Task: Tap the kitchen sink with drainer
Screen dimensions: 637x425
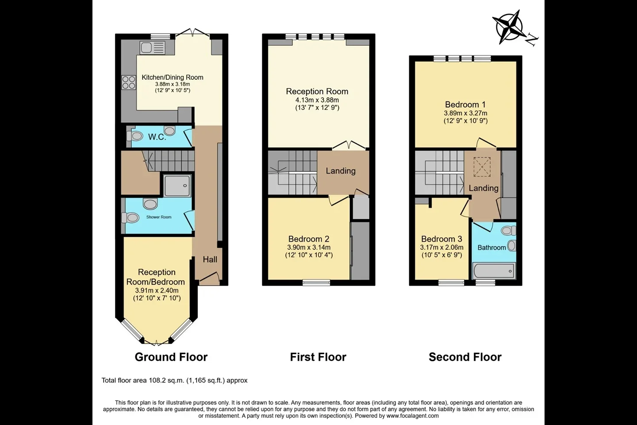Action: pos(153,48)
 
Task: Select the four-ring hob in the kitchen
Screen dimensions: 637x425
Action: pos(129,82)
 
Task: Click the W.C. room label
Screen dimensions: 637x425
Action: pos(157,137)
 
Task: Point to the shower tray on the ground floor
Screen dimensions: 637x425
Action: pos(177,185)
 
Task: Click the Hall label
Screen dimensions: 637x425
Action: pos(210,259)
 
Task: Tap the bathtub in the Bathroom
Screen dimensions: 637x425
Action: pos(494,270)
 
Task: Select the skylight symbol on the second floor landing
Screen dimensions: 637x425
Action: pos(482,167)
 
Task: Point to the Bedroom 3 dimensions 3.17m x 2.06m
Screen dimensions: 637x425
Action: pos(441,247)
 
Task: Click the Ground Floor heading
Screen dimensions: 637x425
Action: pos(171,357)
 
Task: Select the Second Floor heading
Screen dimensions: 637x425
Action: pos(465,357)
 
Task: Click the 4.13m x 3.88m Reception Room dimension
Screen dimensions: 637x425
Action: pos(317,100)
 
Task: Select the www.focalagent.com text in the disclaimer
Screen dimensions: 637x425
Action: pos(412,416)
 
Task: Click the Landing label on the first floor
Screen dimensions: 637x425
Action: pos(341,171)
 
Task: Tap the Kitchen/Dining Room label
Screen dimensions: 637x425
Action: pos(173,77)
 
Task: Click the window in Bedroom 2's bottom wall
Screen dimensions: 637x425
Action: pos(316,282)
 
